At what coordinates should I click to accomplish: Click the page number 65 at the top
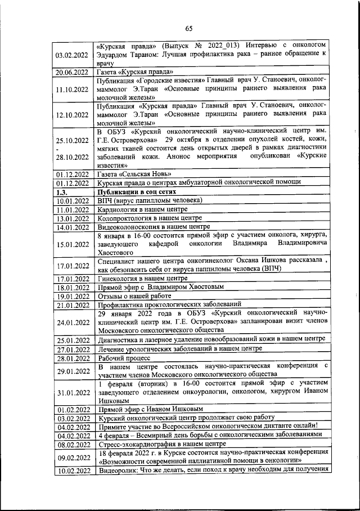click(x=189, y=29)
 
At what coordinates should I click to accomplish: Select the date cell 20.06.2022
click(x=71, y=72)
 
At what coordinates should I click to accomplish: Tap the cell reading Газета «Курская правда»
click(x=135, y=72)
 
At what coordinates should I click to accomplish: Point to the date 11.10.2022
click(x=71, y=89)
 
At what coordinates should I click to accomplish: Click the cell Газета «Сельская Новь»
click(x=133, y=174)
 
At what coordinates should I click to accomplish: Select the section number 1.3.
click(x=62, y=191)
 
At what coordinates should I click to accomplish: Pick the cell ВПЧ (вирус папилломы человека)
click(x=149, y=200)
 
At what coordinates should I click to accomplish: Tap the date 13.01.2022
click(x=71, y=218)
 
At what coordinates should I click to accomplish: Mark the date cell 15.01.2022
click(x=71, y=244)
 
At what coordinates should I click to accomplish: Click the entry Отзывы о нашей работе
click(x=134, y=295)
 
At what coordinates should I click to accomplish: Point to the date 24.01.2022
click(x=71, y=322)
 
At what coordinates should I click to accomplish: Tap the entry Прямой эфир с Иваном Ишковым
click(x=150, y=409)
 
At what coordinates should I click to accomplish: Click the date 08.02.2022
click(x=71, y=443)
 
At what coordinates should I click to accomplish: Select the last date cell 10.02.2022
click(x=71, y=470)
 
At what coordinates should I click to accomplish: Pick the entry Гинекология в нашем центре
click(x=142, y=278)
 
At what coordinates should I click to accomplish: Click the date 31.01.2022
click(x=71, y=392)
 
